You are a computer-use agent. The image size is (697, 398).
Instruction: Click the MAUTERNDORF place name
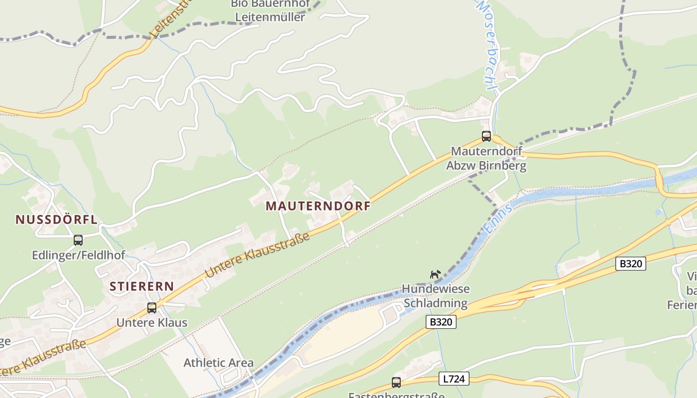pyautogui.click(x=318, y=206)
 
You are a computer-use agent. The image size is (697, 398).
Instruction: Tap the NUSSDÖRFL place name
pyautogui.click(x=56, y=219)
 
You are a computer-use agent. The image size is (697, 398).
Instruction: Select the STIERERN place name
pyautogui.click(x=142, y=286)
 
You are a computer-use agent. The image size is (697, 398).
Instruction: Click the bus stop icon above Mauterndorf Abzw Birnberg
pyautogui.click(x=486, y=136)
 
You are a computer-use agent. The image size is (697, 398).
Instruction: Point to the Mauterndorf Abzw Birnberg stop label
pyautogui.click(x=486, y=158)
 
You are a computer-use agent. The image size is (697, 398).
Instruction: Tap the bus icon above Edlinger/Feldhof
pyautogui.click(x=78, y=240)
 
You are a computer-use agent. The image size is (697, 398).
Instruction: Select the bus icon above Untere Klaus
pyautogui.click(x=152, y=308)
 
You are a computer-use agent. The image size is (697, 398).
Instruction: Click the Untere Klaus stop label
pyautogui.click(x=152, y=322)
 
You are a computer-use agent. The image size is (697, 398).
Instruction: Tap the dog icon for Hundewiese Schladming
pyautogui.click(x=435, y=274)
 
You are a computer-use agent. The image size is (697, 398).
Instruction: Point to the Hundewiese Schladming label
pyautogui.click(x=436, y=296)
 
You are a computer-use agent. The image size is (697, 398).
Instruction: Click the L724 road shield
pyautogui.click(x=454, y=379)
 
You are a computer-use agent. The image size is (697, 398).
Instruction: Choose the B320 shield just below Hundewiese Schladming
pyautogui.click(x=441, y=322)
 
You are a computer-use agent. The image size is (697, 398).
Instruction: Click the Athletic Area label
pyautogui.click(x=219, y=363)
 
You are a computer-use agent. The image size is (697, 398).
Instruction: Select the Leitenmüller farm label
pyautogui.click(x=270, y=11)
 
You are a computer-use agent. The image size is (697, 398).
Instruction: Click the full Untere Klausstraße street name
pyautogui.click(x=257, y=255)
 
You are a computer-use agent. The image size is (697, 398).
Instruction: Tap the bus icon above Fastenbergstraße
pyautogui.click(x=396, y=383)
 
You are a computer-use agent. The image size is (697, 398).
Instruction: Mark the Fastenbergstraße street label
pyautogui.click(x=396, y=395)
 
